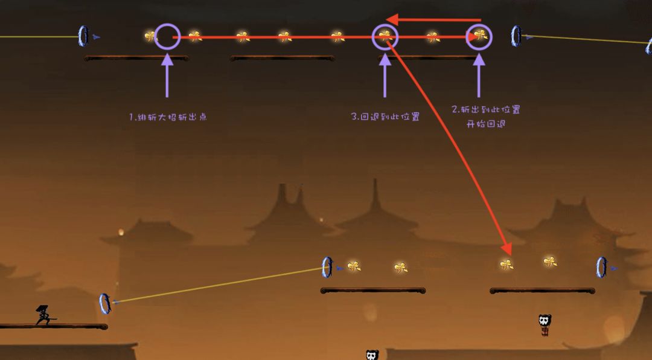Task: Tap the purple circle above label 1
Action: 167,25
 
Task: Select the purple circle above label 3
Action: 385,25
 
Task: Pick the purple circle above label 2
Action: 479,25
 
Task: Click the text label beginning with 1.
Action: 168,117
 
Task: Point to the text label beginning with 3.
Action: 385,117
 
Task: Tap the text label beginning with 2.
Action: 485,117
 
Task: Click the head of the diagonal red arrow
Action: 507,249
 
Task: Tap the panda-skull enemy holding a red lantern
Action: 545,325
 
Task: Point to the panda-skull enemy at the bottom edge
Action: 372,355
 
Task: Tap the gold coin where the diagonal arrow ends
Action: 507,265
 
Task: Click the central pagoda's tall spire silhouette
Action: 376,196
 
